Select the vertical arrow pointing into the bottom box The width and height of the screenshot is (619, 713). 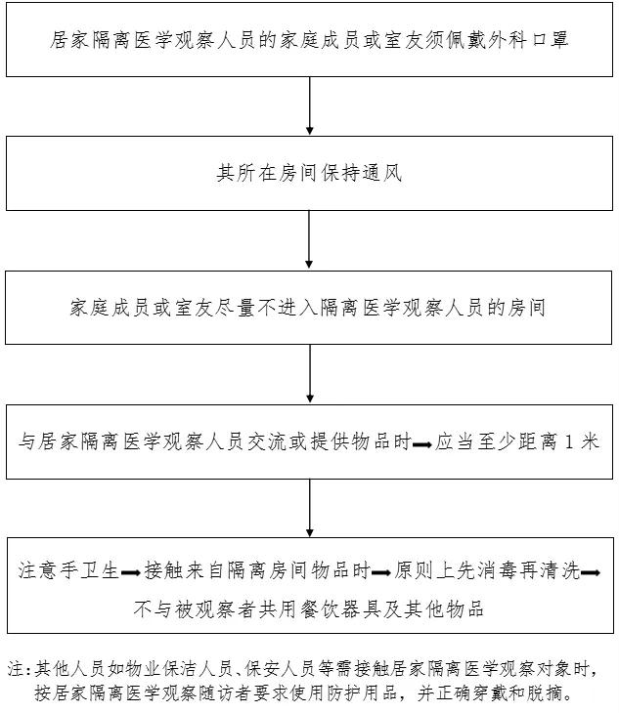point(310,506)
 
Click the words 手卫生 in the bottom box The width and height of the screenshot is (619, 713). point(95,569)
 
